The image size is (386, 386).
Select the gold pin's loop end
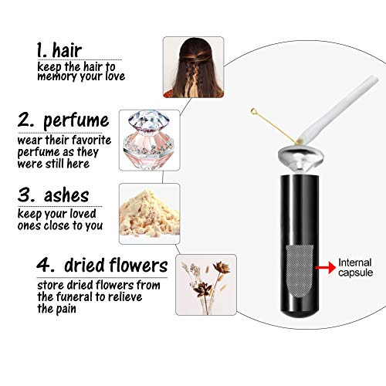[x=252, y=113]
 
